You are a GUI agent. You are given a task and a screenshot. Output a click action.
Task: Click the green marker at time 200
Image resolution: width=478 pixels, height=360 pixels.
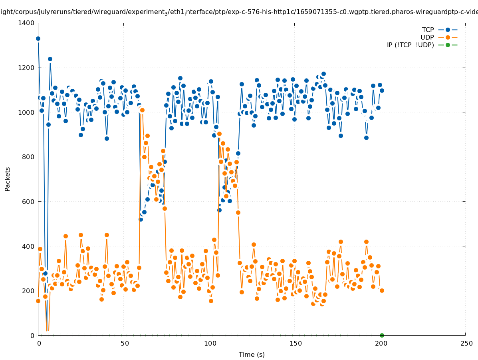tap(382, 335)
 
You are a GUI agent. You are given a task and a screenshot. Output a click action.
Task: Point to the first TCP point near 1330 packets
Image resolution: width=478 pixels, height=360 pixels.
tap(38, 38)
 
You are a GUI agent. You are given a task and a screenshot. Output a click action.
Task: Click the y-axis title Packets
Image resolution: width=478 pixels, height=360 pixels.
tap(8, 179)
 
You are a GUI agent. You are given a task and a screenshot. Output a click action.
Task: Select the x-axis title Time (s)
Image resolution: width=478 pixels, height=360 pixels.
tap(252, 354)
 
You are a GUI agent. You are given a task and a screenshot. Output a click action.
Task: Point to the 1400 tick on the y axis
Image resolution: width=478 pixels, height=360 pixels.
tap(26, 23)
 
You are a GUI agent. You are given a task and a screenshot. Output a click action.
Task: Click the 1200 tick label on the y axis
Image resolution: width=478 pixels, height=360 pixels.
tap(26, 68)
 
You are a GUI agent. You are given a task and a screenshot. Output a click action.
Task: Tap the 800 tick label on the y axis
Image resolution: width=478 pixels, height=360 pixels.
tap(28, 157)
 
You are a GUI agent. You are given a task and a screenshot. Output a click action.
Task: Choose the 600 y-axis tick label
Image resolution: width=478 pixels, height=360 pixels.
tap(28, 202)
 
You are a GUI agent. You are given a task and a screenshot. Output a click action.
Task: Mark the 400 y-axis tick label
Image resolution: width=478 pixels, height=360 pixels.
tap(28, 246)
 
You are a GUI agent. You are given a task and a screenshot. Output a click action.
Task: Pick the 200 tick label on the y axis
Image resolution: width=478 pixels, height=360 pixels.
tap(28, 291)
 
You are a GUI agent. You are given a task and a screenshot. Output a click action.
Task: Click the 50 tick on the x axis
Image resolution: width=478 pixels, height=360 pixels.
tap(125, 343)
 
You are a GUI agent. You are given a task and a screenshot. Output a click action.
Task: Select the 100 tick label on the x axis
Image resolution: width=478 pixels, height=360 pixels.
tap(210, 343)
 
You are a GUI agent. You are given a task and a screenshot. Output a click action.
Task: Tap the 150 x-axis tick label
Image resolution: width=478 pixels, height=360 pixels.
tap(296, 343)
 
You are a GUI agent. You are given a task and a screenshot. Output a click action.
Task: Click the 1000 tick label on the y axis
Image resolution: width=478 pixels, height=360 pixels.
tap(26, 112)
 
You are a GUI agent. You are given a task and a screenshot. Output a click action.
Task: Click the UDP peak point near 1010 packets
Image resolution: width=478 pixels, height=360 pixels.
tap(142, 110)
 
